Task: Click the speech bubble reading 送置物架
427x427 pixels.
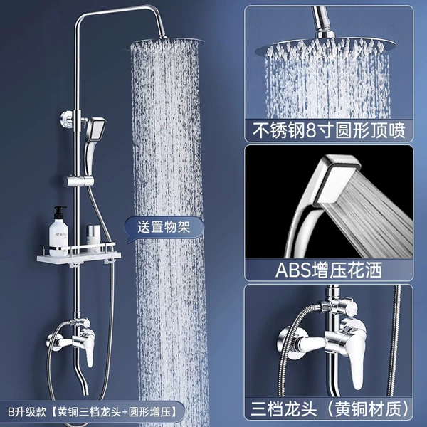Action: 164,228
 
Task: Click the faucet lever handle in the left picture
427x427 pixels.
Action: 89,348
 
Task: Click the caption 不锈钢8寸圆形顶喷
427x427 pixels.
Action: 329,130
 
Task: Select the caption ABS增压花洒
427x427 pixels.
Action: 328,270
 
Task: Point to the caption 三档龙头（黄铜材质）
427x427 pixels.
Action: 330,409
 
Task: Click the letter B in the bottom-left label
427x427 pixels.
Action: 11,412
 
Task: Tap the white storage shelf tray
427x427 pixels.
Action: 79,257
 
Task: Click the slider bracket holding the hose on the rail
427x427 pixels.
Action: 80,181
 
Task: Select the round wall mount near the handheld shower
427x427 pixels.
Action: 66,119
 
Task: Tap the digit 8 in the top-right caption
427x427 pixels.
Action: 311,131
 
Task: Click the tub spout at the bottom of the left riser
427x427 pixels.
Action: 83,381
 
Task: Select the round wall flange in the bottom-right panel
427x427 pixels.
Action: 290,342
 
